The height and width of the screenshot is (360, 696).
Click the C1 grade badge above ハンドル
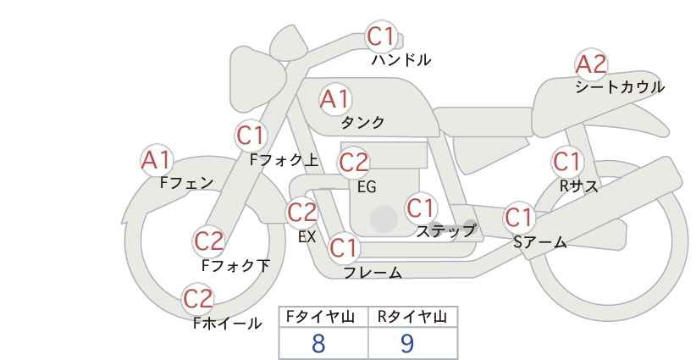point(381,36)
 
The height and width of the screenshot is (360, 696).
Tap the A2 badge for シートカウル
point(591,64)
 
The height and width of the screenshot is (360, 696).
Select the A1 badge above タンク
point(334,99)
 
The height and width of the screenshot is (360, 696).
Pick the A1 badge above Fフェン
point(156,159)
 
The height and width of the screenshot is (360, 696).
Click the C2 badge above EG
point(354,162)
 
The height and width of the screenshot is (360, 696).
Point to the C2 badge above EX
point(302,213)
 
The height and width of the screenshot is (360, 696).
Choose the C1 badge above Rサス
point(566,161)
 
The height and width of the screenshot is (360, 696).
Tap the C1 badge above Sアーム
point(520,218)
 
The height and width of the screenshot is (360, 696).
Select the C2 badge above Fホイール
point(199,298)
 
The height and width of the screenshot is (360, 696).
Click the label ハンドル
point(402,60)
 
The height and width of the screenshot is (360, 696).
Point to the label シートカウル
point(620,87)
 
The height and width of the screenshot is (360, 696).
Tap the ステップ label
point(446,230)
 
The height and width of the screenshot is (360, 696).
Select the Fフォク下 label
point(236,266)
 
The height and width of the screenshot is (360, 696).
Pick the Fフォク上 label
point(284,158)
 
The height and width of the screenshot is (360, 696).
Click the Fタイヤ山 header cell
point(323,318)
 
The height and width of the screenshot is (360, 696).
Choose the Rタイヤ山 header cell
point(412,318)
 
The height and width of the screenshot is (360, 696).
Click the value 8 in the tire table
point(318,344)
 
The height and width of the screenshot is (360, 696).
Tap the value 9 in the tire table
point(407,344)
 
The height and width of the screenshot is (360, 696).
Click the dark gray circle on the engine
point(384,219)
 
